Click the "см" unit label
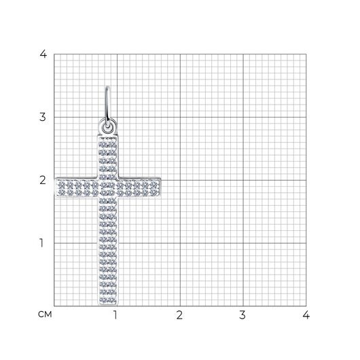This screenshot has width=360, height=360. tap(45, 314)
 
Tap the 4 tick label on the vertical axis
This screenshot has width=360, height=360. tap(43, 54)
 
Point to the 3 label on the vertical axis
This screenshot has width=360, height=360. tap(43, 117)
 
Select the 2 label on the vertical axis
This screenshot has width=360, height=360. tap(43, 180)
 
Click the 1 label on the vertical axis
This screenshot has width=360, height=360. tap(41, 243)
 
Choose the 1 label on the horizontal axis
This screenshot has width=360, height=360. tap(115, 315)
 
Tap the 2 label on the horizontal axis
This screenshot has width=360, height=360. tap(179, 315)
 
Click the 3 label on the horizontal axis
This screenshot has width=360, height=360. tap(242, 315)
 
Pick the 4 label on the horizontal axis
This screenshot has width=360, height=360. tap(306, 315)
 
